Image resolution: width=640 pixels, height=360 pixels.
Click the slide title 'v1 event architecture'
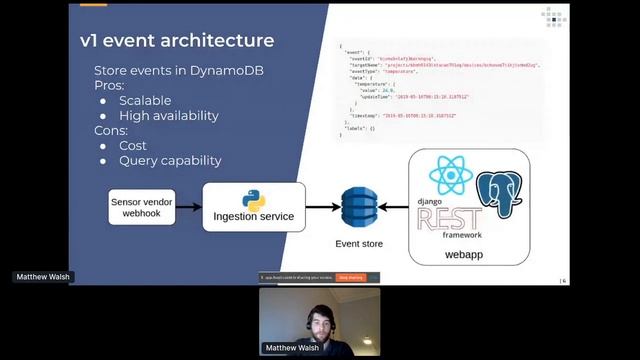pyautogui.click(x=177, y=41)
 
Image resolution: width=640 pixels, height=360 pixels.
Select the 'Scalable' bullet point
pyautogui.click(x=144, y=100)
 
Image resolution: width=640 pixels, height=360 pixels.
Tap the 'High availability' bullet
pyautogui.click(x=168, y=115)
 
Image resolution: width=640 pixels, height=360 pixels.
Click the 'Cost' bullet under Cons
pyautogui.click(x=133, y=145)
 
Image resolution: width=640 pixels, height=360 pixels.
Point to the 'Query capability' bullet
pyautogui.click(x=170, y=160)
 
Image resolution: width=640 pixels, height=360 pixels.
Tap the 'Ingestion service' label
pyautogui.click(x=253, y=216)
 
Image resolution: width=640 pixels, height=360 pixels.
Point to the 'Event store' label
pyautogui.click(x=357, y=242)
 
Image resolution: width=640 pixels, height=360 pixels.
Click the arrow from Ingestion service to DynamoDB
pyautogui.click(x=321, y=207)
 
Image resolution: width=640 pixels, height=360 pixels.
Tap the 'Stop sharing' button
pyautogui.click(x=350, y=277)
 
